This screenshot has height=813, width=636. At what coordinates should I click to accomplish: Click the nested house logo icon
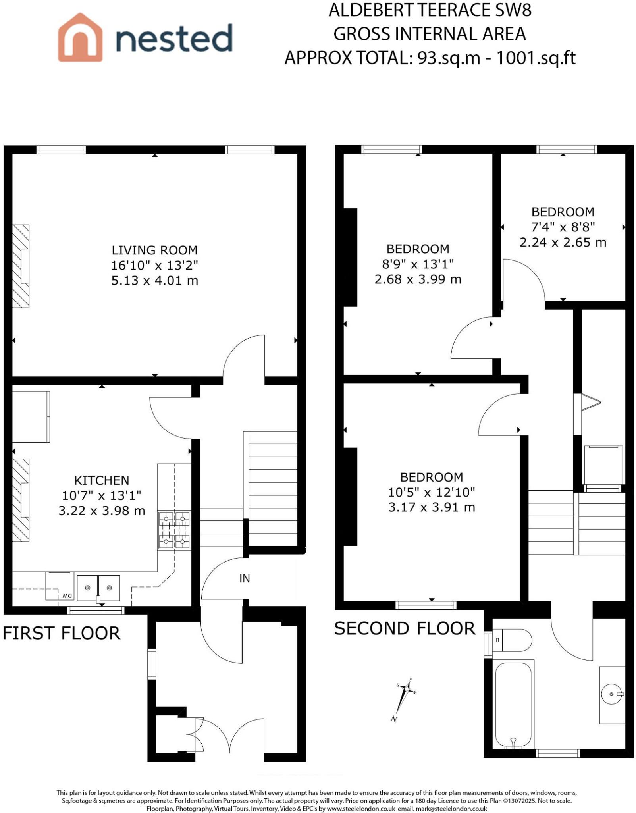80,38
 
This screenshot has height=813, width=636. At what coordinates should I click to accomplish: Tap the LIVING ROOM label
154,250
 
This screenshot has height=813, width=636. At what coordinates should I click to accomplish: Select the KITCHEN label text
102,480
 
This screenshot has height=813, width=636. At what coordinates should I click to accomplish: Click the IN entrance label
245,578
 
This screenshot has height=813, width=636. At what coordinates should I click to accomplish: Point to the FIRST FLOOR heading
62,633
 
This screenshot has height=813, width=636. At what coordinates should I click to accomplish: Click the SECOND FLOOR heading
405,628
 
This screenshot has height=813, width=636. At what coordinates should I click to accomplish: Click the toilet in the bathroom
512,640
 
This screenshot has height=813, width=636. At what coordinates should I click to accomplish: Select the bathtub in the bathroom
513,704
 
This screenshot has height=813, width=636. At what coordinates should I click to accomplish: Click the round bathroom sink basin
611,694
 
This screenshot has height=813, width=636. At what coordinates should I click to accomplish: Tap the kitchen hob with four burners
174,530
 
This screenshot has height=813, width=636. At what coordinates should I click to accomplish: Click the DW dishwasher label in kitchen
67,596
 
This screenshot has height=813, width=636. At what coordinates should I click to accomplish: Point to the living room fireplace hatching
21,266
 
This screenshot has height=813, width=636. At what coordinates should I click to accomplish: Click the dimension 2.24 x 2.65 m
563,242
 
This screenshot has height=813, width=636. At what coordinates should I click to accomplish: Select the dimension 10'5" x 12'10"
432,492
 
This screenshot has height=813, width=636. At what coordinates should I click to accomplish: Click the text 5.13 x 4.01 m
154,281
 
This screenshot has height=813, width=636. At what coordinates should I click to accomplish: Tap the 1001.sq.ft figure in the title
536,58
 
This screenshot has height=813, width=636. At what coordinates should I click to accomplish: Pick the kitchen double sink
98,588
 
